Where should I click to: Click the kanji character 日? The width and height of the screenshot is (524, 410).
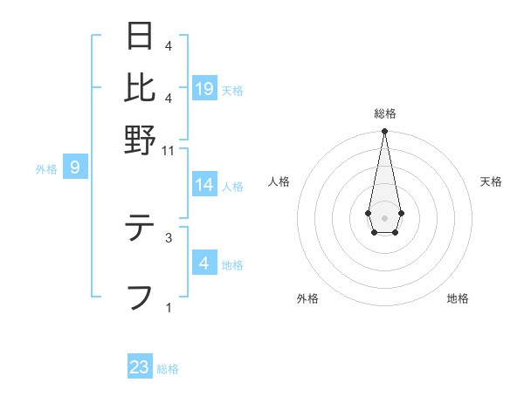(x=140, y=36)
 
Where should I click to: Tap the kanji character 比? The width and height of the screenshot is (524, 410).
(x=140, y=87)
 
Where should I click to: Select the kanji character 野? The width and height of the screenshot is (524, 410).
(x=140, y=140)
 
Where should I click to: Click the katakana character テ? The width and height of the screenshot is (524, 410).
(x=140, y=229)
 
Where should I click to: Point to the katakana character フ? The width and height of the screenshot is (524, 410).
(x=140, y=297)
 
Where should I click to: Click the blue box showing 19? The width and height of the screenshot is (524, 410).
(x=204, y=88)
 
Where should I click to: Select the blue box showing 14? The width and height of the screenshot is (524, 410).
(x=204, y=185)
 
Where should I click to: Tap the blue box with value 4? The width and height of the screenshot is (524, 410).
(x=204, y=263)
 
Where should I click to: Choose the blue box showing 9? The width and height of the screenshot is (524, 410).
(x=75, y=167)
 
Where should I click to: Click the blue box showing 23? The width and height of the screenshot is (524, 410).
(x=140, y=367)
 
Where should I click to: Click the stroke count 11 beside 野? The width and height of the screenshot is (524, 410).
(x=169, y=150)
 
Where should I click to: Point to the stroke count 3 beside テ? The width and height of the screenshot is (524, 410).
(x=169, y=236)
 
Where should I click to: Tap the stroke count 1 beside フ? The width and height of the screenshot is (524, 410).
(x=169, y=307)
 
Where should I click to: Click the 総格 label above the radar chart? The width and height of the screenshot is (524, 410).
(x=385, y=113)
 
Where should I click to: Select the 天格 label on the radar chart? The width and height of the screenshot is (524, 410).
(x=491, y=181)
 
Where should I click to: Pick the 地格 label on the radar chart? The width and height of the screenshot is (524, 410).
(x=458, y=298)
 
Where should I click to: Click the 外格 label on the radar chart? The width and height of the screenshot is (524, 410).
(x=307, y=298)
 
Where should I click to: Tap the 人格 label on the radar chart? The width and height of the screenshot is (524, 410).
(x=279, y=181)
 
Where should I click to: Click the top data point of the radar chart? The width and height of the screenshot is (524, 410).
(x=384, y=132)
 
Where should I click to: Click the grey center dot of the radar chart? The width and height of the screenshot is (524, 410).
(x=384, y=217)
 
